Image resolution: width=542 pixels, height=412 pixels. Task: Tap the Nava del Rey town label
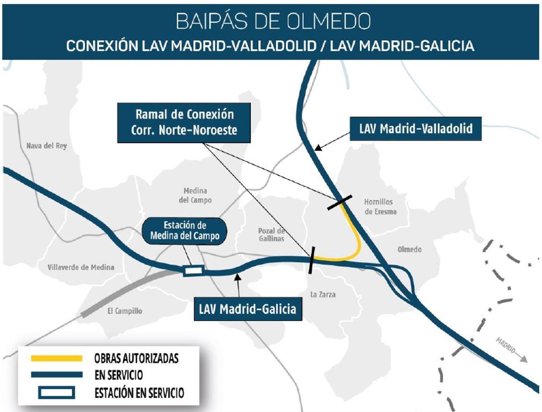click(47, 146)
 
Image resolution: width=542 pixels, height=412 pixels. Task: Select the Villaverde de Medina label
click(81, 267)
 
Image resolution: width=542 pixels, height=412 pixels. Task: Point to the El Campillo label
click(125, 311)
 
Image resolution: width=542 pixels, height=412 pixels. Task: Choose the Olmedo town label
click(409, 249)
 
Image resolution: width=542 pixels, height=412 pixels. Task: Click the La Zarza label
click(323, 295)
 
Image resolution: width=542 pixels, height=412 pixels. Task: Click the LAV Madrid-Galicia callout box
click(248, 309)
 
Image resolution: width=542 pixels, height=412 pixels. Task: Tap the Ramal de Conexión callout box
click(184, 122)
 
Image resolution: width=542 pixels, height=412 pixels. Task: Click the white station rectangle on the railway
click(193, 270)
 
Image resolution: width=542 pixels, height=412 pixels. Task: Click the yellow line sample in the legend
click(56, 358)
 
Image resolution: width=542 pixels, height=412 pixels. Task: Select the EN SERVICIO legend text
click(118, 375)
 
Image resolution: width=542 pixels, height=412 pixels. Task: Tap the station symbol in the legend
click(56, 393)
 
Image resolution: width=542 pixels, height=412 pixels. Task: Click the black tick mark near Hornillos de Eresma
click(340, 203)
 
